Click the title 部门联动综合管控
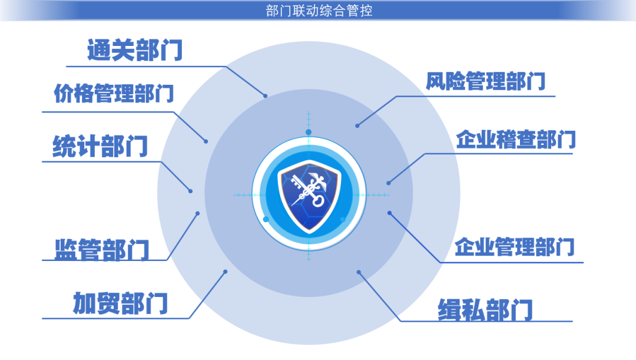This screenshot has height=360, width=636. click(319, 11)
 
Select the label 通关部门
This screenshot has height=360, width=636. click(135, 50)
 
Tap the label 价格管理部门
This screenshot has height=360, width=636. click(114, 93)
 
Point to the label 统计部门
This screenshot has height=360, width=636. click(100, 146)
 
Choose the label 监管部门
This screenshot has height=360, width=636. click(102, 249)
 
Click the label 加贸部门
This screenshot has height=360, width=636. click(120, 303)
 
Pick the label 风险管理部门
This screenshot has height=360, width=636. click(485, 81)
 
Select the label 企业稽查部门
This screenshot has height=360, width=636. click(515, 140)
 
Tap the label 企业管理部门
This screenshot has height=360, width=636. click(514, 247)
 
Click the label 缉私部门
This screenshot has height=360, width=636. click(485, 310)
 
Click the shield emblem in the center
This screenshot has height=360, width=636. click(309, 196)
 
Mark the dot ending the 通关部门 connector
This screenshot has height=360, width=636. click(265, 96)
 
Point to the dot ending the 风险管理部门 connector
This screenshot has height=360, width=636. click(357, 126)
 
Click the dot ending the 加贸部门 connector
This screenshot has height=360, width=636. click(226, 272)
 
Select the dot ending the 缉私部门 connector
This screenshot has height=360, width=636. click(359, 272)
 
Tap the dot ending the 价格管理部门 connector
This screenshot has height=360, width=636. click(206, 141)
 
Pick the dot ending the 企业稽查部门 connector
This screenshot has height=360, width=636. click(389, 183)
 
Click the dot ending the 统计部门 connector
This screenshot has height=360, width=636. click(191, 191)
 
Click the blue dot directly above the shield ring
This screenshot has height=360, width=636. click(309, 132)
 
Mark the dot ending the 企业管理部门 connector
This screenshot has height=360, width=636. click(389, 213)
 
